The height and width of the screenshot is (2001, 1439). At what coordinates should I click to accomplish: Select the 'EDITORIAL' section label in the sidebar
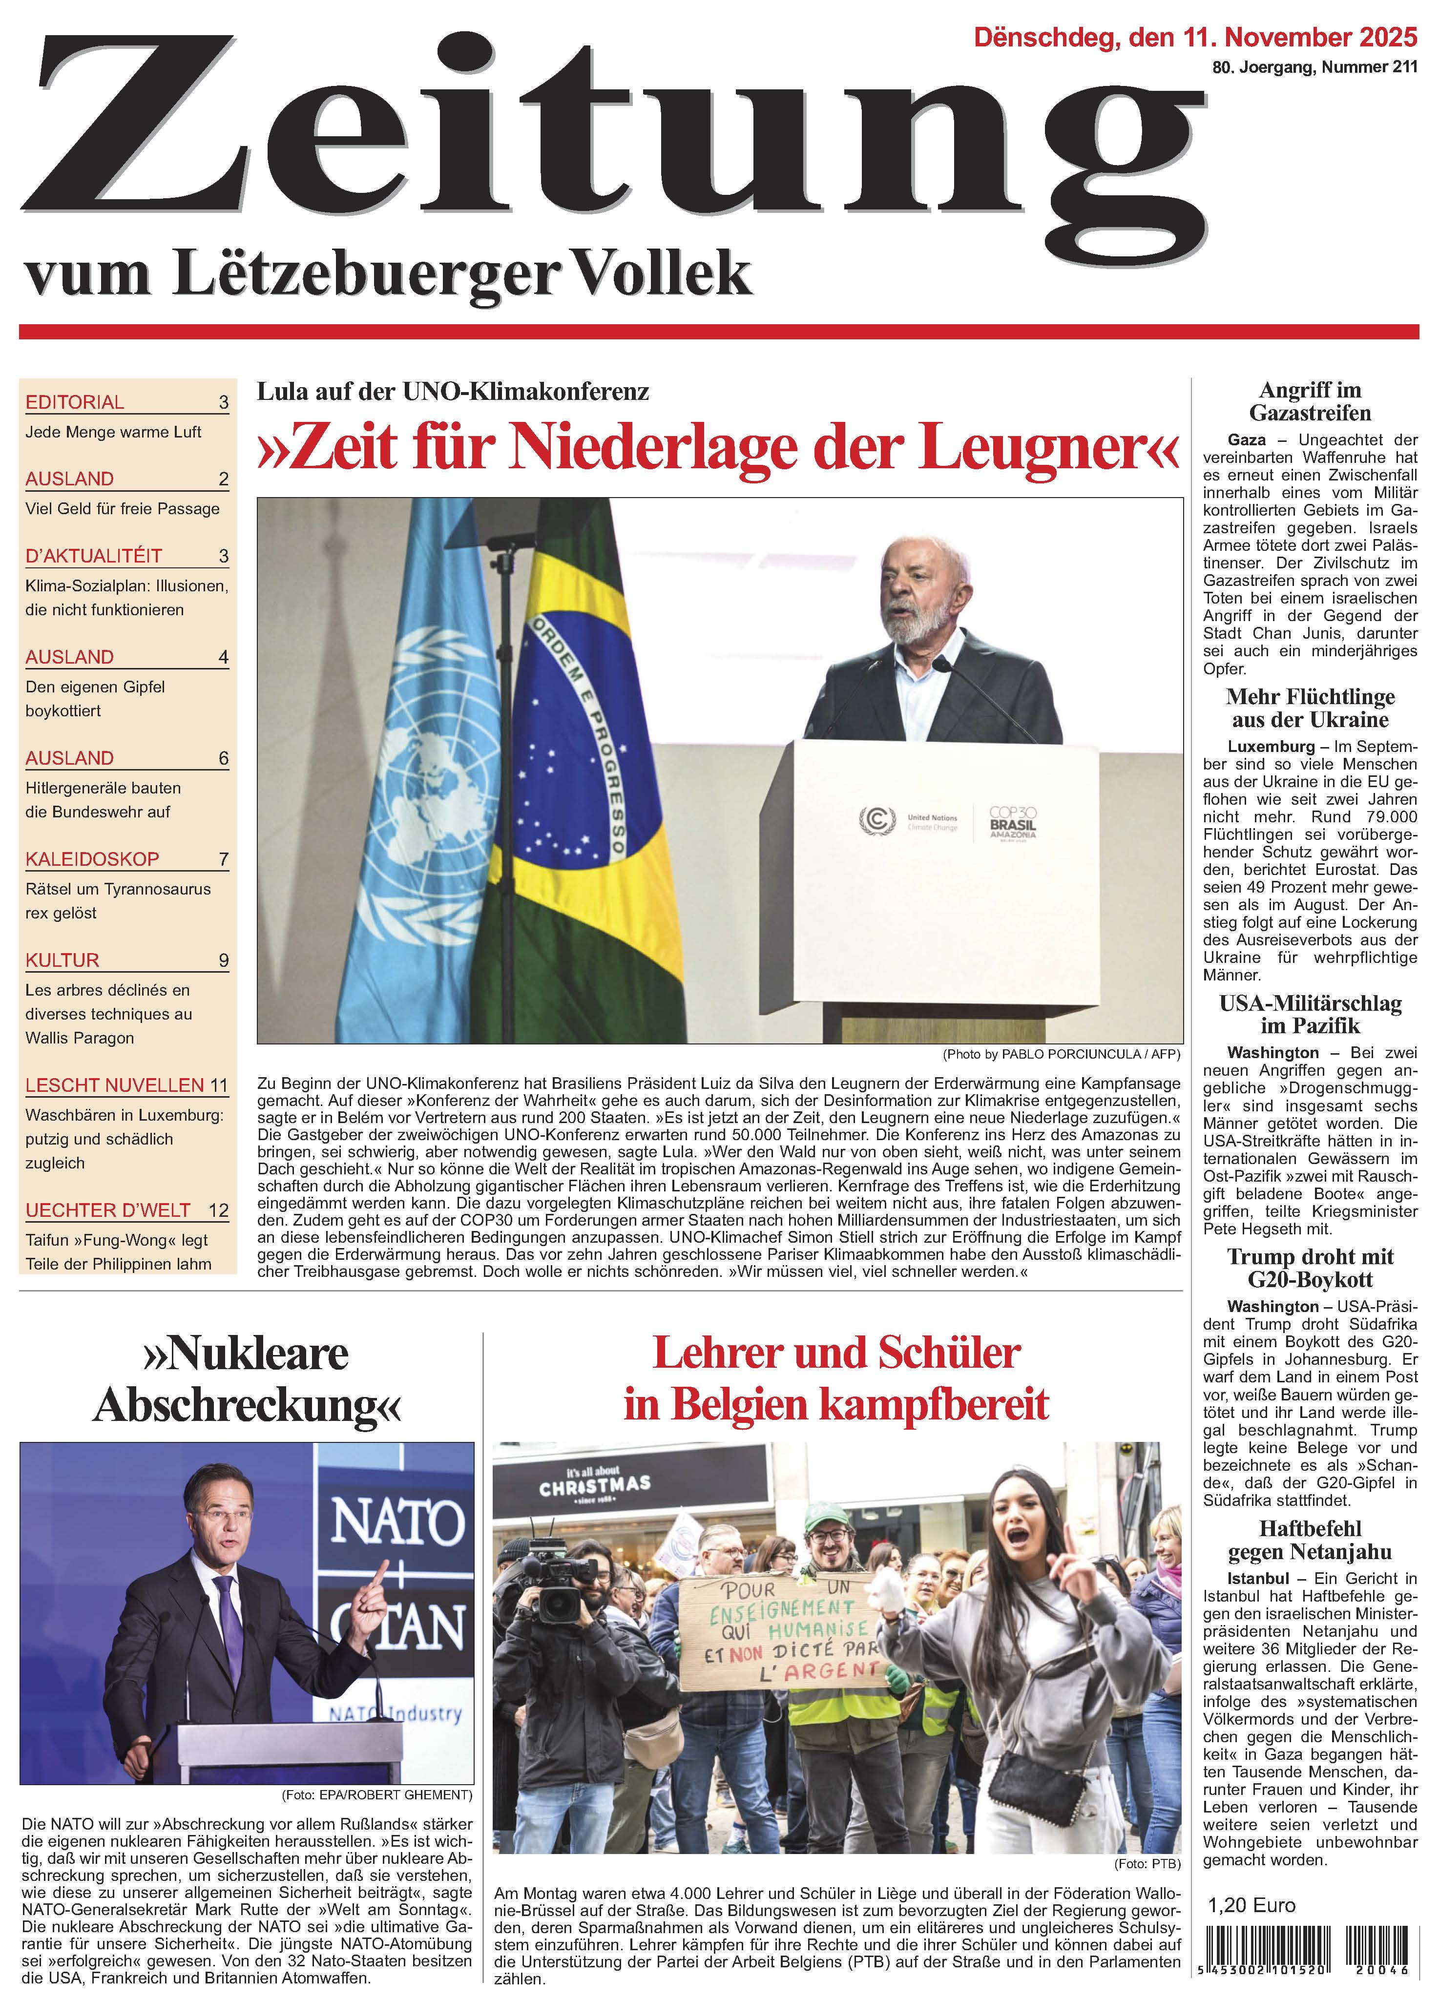(75, 402)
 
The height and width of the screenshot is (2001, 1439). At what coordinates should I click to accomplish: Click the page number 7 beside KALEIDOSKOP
(223, 859)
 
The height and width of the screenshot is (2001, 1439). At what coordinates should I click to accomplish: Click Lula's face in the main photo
(918, 587)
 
